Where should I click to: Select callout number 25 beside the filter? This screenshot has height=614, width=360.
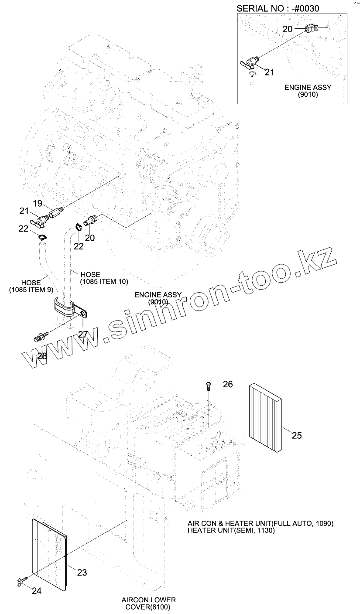click(x=297, y=435)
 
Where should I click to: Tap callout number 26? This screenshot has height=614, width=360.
click(x=228, y=384)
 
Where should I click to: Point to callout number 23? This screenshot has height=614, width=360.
click(x=82, y=573)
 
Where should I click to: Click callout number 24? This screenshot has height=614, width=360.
click(x=37, y=591)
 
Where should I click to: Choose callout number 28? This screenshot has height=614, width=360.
click(x=42, y=356)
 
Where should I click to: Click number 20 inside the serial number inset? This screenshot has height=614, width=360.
click(x=287, y=29)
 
